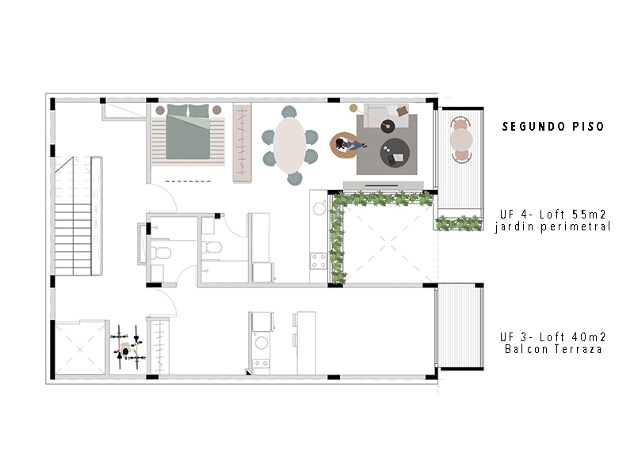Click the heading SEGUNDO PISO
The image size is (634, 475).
click(x=552, y=127)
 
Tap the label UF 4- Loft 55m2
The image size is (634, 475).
click(x=552, y=214)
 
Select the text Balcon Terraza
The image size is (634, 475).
click(x=553, y=349)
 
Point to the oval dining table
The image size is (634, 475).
click(x=289, y=145)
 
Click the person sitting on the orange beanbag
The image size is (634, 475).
click(x=349, y=145)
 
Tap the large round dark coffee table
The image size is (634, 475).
click(x=395, y=153)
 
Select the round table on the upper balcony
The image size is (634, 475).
click(x=461, y=140)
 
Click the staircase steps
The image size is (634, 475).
click(x=73, y=239)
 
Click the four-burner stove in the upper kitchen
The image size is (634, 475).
click(x=319, y=261)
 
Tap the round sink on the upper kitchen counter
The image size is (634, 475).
click(x=319, y=209)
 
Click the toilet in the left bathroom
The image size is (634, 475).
click(x=161, y=253)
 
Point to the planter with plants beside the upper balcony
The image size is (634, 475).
click(x=460, y=223)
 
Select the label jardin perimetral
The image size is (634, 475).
click(x=552, y=226)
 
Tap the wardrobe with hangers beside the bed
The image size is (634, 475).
click(x=243, y=143)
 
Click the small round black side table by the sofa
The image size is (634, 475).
click(x=388, y=127)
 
